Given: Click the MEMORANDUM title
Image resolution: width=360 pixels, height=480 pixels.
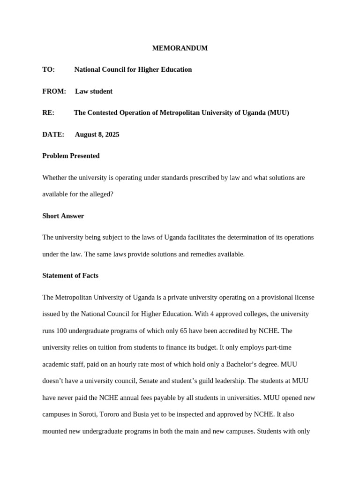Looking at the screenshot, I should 180,48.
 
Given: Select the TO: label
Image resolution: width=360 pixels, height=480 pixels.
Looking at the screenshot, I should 49,70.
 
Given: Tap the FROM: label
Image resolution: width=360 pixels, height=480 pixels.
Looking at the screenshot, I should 54,91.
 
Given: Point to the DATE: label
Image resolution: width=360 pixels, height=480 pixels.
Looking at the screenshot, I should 53,135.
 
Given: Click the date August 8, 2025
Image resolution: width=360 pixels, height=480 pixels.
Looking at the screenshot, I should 97,135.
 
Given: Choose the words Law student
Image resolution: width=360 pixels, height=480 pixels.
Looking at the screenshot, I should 94,91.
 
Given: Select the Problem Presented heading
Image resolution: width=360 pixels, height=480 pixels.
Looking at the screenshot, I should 71,156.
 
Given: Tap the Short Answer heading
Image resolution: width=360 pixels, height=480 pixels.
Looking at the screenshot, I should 63,216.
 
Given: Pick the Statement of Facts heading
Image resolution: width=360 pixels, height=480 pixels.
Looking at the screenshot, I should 70,276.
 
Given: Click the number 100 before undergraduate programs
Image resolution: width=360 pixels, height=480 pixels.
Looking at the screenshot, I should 62,331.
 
